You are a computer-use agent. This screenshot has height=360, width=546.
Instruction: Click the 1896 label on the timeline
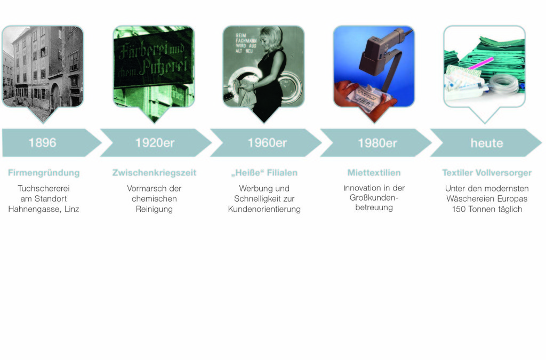coord(42,143)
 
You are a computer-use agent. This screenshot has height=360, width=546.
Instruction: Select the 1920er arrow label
coord(155,143)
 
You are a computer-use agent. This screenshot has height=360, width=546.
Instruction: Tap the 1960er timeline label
coord(267,143)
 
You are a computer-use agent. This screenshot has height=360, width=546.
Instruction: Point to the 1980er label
coord(378,143)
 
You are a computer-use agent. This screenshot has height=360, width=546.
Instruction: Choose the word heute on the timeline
coord(487,143)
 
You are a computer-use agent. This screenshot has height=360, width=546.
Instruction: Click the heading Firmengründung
coord(44,173)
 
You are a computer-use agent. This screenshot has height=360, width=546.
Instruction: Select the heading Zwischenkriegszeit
coord(154,173)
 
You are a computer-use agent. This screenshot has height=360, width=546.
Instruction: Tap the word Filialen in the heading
coord(282,173)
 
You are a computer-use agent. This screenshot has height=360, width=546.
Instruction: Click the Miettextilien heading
coord(374,173)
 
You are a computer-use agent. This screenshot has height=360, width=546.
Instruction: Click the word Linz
coord(72,209)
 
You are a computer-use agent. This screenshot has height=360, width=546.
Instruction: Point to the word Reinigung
coord(154,209)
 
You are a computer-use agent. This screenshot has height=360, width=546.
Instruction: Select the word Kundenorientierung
coord(264,209)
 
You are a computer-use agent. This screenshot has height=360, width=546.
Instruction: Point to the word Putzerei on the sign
coord(164,66)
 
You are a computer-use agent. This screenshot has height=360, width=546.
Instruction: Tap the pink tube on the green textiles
coord(481,63)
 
